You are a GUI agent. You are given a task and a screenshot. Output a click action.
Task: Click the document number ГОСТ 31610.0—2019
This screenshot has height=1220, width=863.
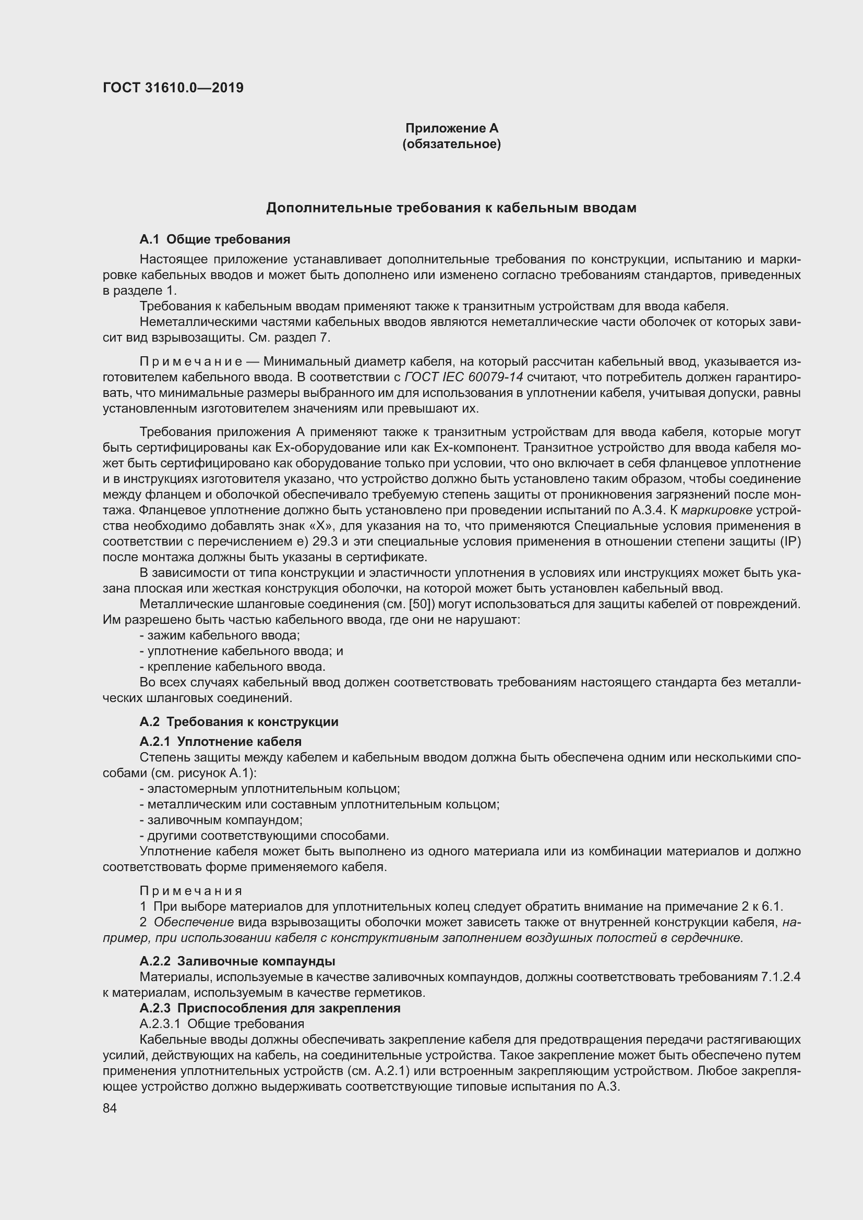pyautogui.click(x=173, y=88)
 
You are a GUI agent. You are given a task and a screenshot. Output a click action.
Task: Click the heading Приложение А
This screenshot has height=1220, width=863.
pyautogui.click(x=452, y=128)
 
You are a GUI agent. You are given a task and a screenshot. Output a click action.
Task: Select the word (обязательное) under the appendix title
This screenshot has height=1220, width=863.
pyautogui.click(x=452, y=144)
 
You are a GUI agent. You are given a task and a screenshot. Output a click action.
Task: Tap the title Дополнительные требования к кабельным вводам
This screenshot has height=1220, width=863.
pyautogui.click(x=451, y=208)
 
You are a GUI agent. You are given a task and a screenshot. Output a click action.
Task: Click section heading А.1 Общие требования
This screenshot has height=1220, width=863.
pyautogui.click(x=214, y=239)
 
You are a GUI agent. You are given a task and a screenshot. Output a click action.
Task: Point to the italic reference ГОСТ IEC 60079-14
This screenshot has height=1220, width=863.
pyautogui.click(x=464, y=377)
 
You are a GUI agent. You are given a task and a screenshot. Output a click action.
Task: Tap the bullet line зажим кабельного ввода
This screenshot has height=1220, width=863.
pyautogui.click(x=220, y=635)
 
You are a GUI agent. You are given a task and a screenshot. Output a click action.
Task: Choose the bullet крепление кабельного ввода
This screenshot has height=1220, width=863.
pyautogui.click(x=233, y=666)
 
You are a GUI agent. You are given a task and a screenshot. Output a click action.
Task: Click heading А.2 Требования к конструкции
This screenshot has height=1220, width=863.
pyautogui.click(x=238, y=721)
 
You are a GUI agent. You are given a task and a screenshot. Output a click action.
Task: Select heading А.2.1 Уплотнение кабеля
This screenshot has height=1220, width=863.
pyautogui.click(x=221, y=741)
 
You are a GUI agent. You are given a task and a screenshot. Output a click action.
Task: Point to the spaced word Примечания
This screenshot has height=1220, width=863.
pyautogui.click(x=191, y=890)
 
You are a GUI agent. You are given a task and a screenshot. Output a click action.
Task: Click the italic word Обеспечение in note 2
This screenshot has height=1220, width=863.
pyautogui.click(x=194, y=922)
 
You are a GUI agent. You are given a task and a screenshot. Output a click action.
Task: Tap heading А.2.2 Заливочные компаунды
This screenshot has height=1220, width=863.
pyautogui.click(x=237, y=961)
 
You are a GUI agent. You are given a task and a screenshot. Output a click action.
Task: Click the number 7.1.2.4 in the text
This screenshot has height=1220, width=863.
pyautogui.click(x=781, y=976)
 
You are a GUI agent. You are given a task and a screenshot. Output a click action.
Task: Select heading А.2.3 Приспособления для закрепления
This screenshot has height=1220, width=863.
pyautogui.click(x=270, y=1008)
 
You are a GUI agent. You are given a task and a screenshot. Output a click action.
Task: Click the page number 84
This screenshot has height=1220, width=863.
pyautogui.click(x=110, y=1108)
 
